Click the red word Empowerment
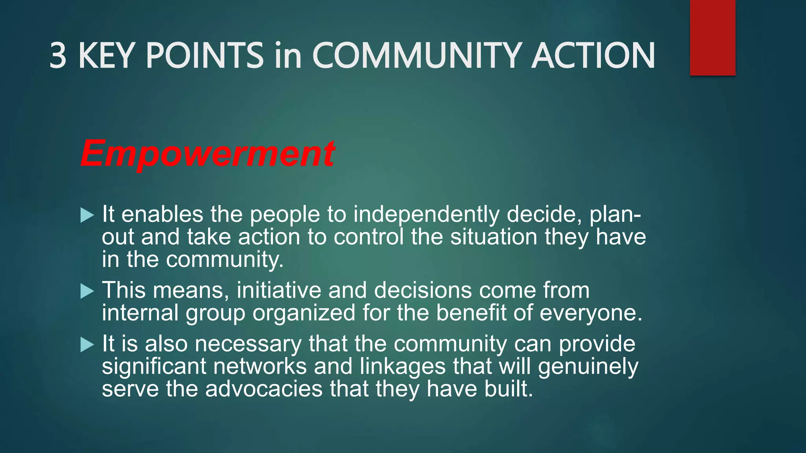(207, 154)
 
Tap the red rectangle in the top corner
(712, 38)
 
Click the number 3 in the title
(58, 56)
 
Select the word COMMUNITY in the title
(416, 56)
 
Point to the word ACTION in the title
(593, 56)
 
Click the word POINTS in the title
(204, 56)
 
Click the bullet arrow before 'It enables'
(87, 215)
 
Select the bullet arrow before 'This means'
(87, 291)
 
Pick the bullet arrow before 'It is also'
(87, 345)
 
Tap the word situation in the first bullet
(494, 237)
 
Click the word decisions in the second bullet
(423, 290)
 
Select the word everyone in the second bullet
(590, 313)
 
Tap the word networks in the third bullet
(260, 366)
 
